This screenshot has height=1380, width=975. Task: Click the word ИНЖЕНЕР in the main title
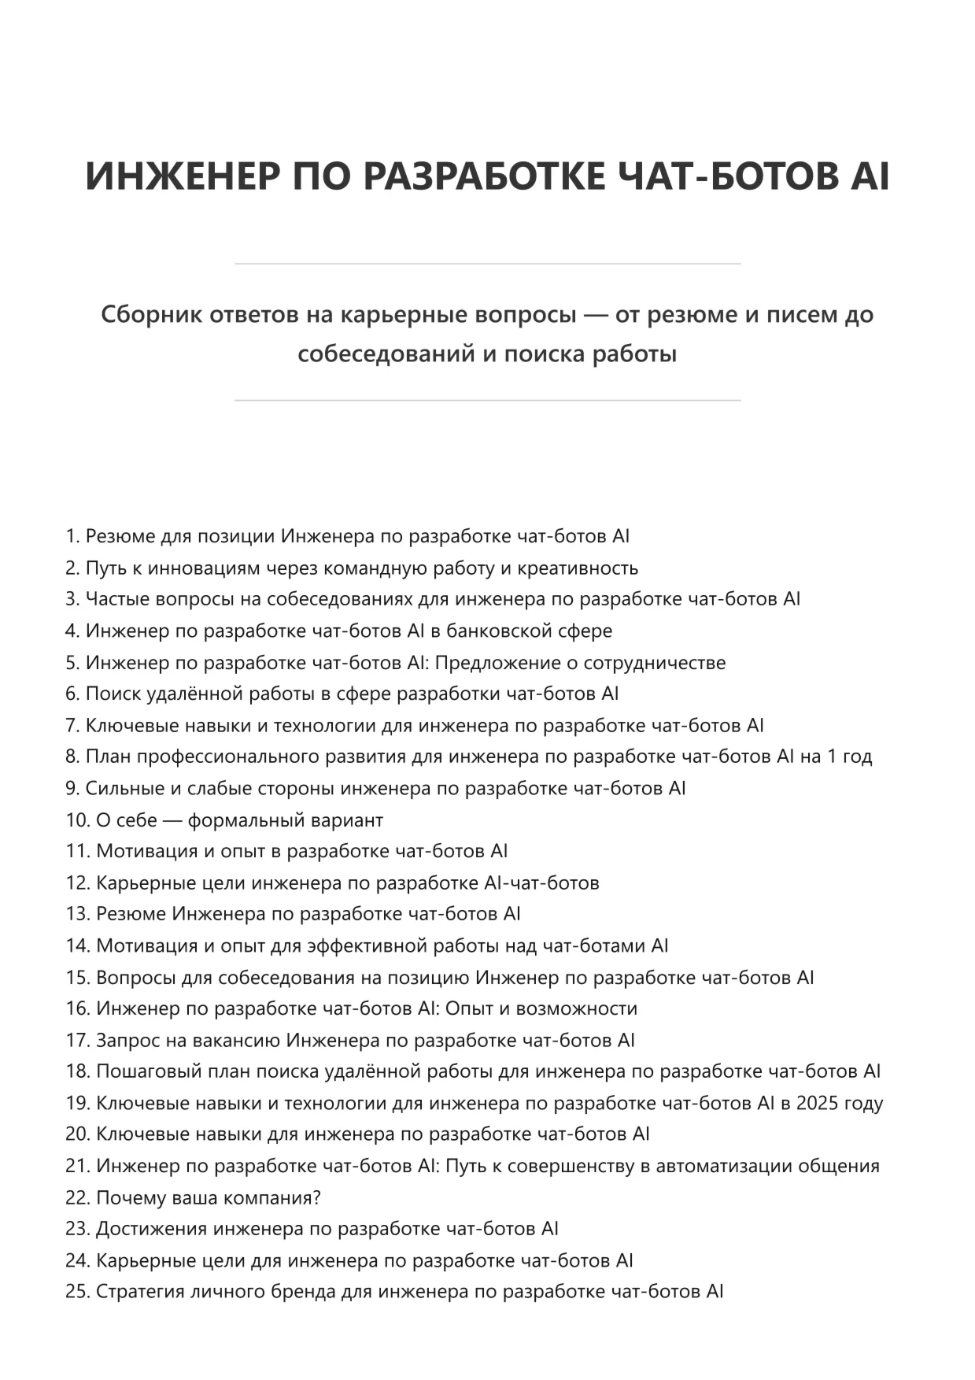click(x=182, y=176)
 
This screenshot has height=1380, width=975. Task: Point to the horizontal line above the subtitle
click(x=487, y=264)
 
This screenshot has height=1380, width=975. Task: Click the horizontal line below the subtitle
click(x=487, y=401)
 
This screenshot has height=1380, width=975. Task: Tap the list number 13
click(x=77, y=915)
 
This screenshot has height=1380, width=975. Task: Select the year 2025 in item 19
click(x=817, y=1104)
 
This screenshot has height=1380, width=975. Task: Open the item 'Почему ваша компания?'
click(x=208, y=1198)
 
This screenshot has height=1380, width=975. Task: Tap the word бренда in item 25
click(x=306, y=1293)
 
